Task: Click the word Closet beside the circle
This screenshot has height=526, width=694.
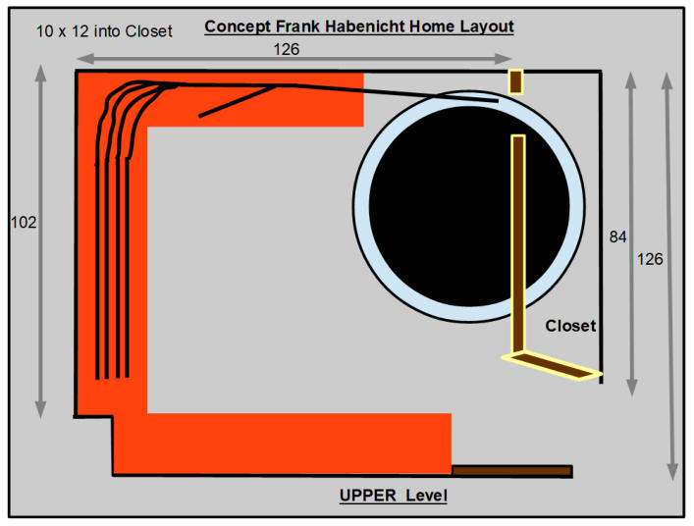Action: tap(570, 326)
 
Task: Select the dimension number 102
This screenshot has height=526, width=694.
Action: tap(24, 222)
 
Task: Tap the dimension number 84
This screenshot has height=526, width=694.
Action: tap(617, 237)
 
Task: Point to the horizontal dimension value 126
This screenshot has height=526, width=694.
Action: tap(287, 49)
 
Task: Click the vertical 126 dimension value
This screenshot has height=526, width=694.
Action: tap(650, 259)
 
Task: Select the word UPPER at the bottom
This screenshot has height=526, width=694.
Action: tap(368, 495)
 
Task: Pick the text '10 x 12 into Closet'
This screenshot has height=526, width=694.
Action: tap(104, 31)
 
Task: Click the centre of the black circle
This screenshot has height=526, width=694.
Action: tap(469, 206)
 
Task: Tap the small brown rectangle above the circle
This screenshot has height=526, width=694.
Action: tap(515, 81)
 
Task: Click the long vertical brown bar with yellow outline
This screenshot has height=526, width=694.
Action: tap(518, 242)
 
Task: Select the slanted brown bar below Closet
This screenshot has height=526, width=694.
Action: tap(552, 366)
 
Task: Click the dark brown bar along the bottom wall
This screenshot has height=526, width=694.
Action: tap(512, 471)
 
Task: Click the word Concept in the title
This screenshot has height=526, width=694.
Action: tap(238, 26)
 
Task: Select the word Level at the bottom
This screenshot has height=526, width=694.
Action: tap(427, 495)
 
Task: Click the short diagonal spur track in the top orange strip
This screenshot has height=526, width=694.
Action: tap(238, 101)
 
